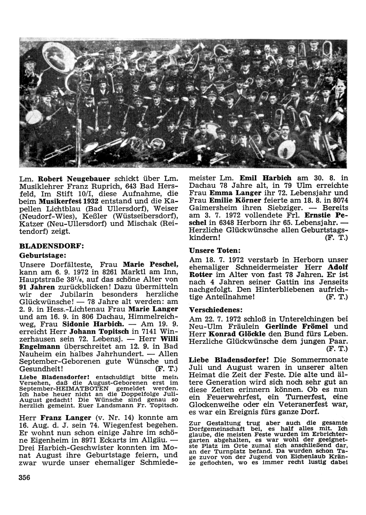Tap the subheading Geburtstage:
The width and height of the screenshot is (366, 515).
pyautogui.click(x=42, y=255)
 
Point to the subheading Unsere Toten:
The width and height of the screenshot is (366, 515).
pyautogui.click(x=214, y=251)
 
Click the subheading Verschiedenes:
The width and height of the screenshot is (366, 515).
pyautogui.click(x=216, y=309)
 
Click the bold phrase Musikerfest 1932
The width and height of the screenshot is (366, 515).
pyautogui.click(x=71, y=202)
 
